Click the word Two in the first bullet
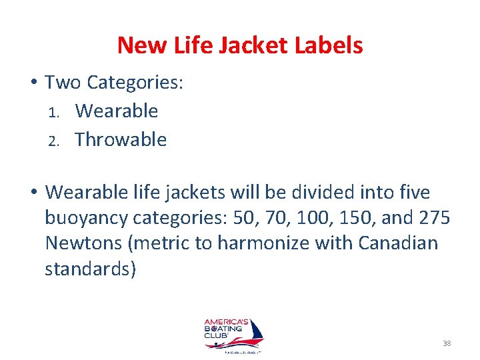click(x=63, y=83)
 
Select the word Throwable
click(x=121, y=139)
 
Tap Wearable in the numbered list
click(x=117, y=111)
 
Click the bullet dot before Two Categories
click(x=33, y=83)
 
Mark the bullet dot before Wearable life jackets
click(x=33, y=193)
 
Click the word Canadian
click(x=398, y=243)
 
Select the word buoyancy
click(x=84, y=218)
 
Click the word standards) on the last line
click(x=91, y=268)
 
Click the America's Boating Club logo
click(x=233, y=333)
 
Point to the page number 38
click(x=447, y=343)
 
